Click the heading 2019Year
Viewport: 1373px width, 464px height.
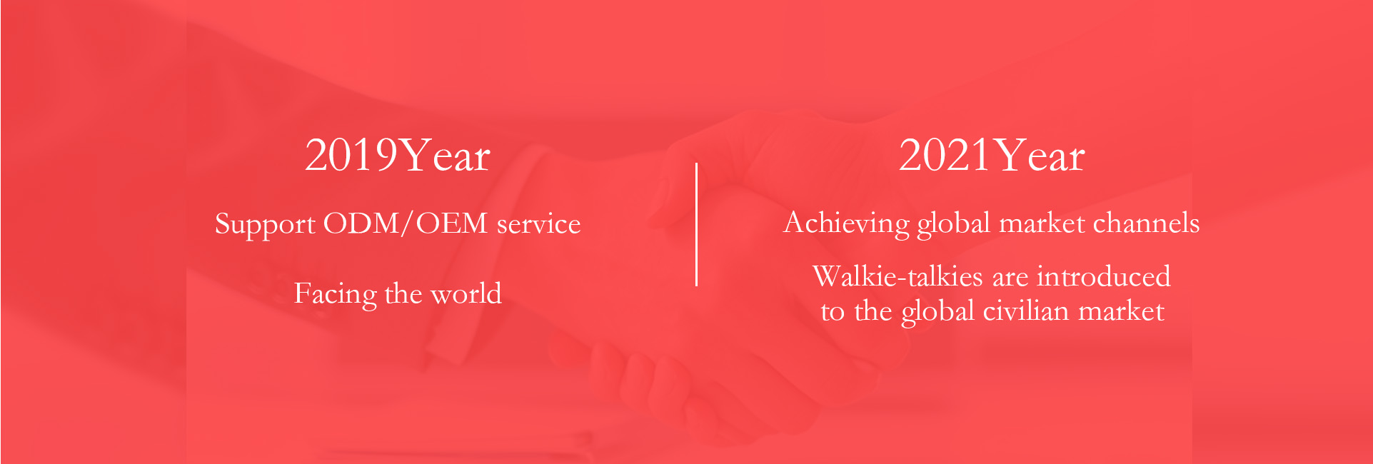click(398, 155)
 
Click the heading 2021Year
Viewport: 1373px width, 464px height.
click(992, 155)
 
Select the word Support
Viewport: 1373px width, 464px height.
click(265, 225)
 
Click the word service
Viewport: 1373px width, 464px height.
click(538, 224)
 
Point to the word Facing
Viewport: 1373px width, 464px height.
click(336, 294)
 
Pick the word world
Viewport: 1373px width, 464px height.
click(466, 293)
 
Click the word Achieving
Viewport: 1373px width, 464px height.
click(846, 223)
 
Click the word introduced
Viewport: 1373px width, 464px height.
click(1104, 276)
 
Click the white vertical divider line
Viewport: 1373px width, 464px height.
click(696, 224)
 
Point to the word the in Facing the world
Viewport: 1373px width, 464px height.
click(404, 293)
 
